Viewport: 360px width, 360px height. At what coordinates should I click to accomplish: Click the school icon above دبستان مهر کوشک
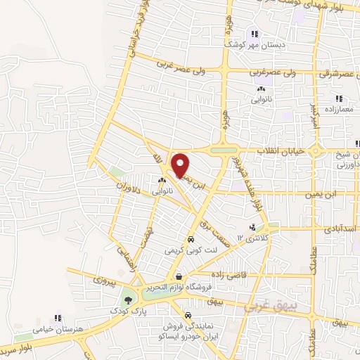pos(255,33)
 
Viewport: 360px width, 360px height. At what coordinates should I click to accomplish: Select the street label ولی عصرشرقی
pos(335,73)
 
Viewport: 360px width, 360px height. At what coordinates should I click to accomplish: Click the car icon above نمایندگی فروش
pos(188,316)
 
